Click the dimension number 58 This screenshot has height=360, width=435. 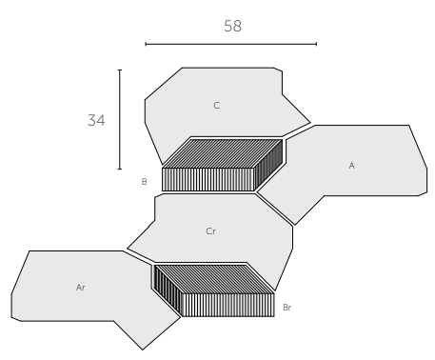click(x=232, y=26)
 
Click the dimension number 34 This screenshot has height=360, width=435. click(x=96, y=120)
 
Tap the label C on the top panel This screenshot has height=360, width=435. click(x=217, y=106)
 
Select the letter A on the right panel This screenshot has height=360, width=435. click(x=351, y=166)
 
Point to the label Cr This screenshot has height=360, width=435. click(x=210, y=231)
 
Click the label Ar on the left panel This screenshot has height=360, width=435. click(x=80, y=288)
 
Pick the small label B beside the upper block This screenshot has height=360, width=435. click(x=144, y=182)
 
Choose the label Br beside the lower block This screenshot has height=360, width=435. click(x=287, y=308)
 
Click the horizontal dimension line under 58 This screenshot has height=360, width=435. click(x=231, y=44)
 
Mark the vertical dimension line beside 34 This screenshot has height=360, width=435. click(x=120, y=119)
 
